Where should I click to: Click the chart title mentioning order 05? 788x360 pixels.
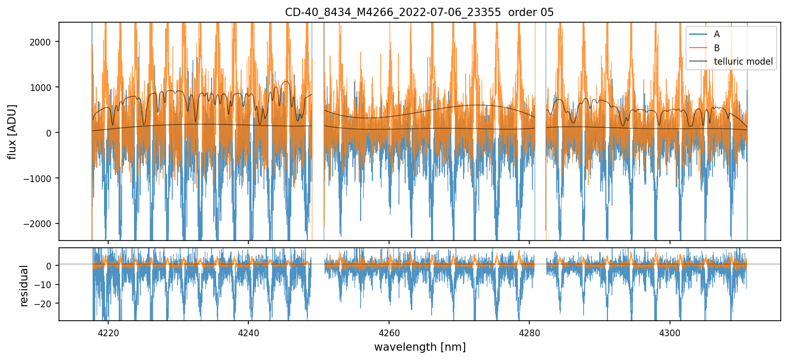point(419,12)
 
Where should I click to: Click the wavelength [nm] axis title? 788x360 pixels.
point(420,347)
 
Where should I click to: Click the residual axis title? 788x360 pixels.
point(23,286)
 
